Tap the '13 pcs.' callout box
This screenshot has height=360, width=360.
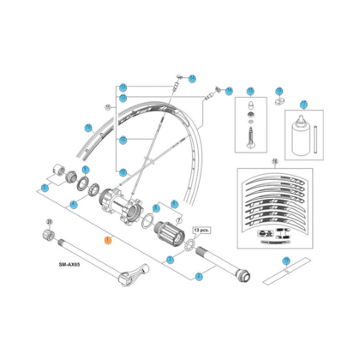[202, 231]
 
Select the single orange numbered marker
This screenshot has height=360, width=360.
[106, 241]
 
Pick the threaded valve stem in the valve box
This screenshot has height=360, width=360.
[251, 136]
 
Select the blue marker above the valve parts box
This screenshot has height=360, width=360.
[250, 91]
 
